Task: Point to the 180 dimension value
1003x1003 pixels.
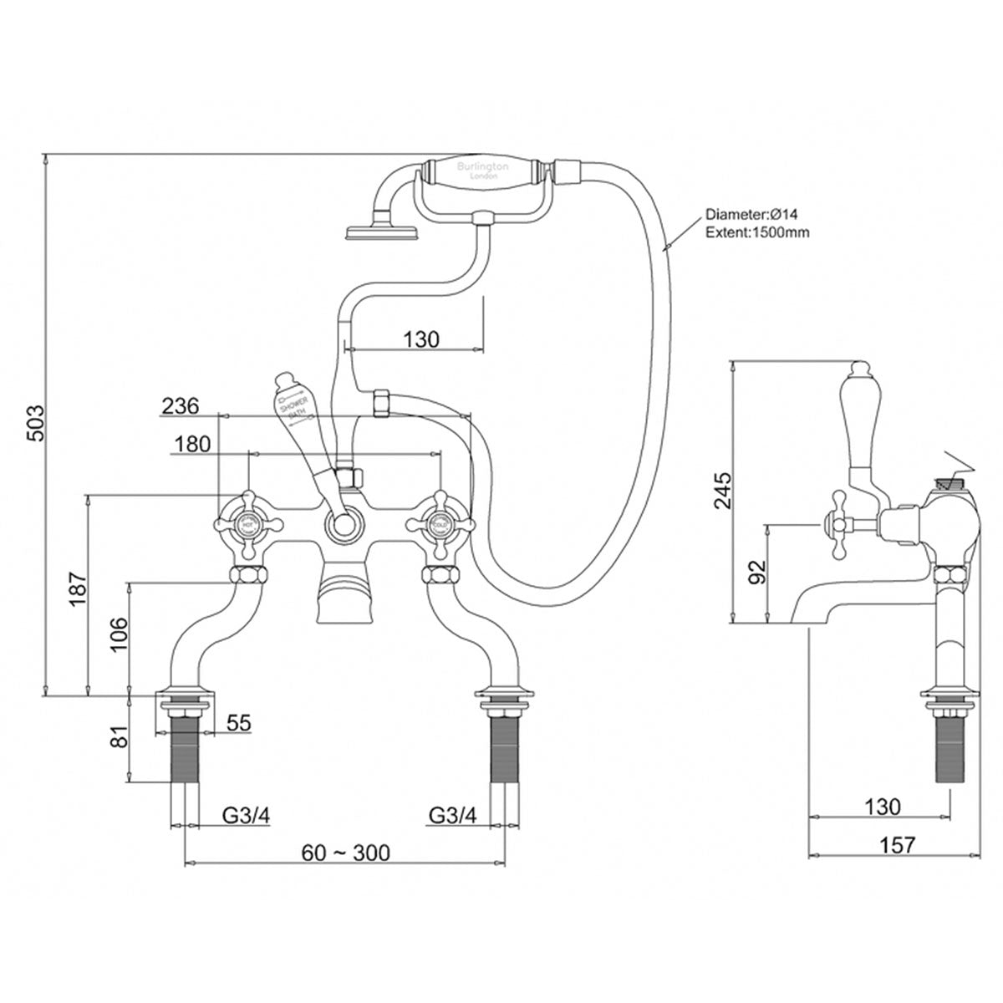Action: coord(194,445)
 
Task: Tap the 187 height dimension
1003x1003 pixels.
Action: coord(76,593)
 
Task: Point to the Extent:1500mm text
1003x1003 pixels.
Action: coord(757,232)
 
